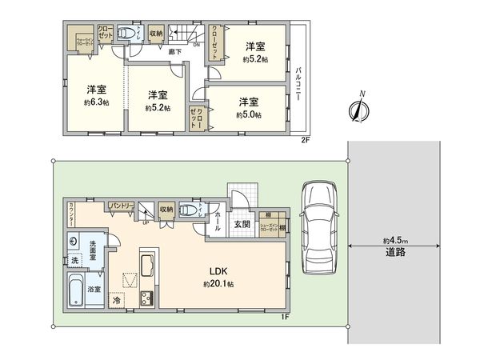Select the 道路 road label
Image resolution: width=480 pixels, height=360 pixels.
click(x=393, y=252)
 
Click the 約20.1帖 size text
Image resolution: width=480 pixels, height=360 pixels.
click(x=218, y=284)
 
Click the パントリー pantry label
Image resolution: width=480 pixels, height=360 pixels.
click(x=121, y=206)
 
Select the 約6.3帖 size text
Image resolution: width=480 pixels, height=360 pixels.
click(x=96, y=102)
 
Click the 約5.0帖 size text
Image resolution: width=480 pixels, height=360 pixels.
click(x=249, y=114)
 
